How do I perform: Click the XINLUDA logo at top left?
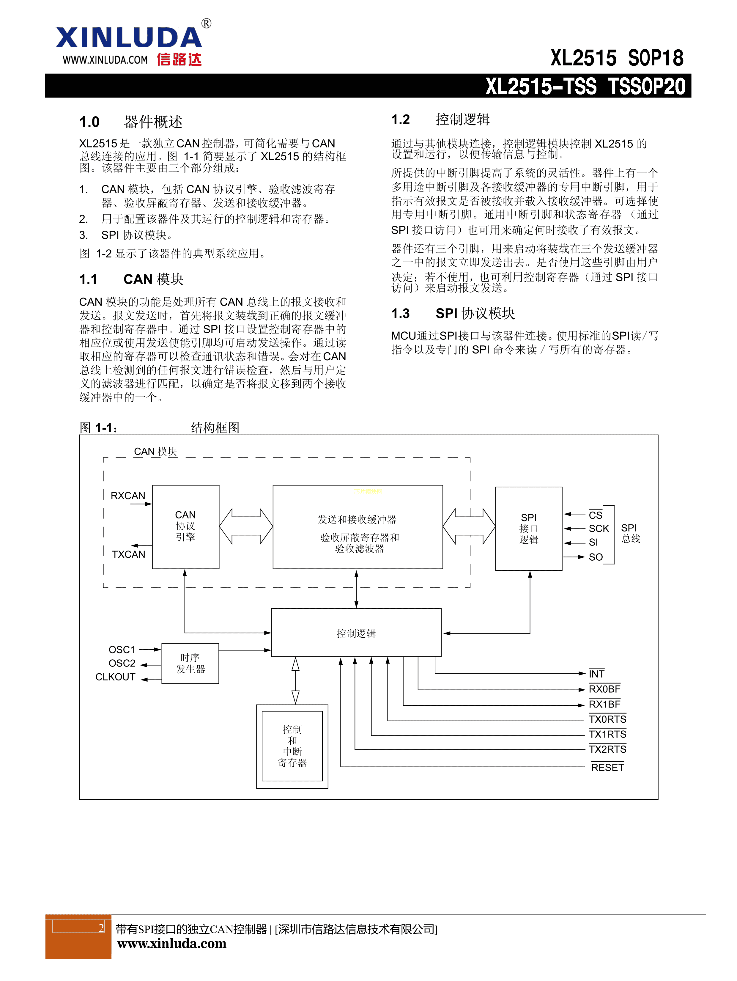[129, 38]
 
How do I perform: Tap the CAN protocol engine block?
[185, 526]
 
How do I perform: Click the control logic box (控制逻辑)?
[356, 633]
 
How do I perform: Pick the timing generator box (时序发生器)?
[190, 663]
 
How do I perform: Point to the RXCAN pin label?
[128, 495]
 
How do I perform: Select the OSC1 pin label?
[122, 650]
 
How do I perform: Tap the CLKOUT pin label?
[115, 677]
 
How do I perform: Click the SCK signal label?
[599, 529]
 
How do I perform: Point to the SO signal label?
[596, 557]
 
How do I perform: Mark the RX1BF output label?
[604, 704]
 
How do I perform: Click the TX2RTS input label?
[607, 749]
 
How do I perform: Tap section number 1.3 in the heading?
[400, 314]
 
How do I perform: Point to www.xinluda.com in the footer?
[171, 943]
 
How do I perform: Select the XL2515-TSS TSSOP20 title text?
[585, 86]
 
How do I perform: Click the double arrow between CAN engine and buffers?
[246, 526]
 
